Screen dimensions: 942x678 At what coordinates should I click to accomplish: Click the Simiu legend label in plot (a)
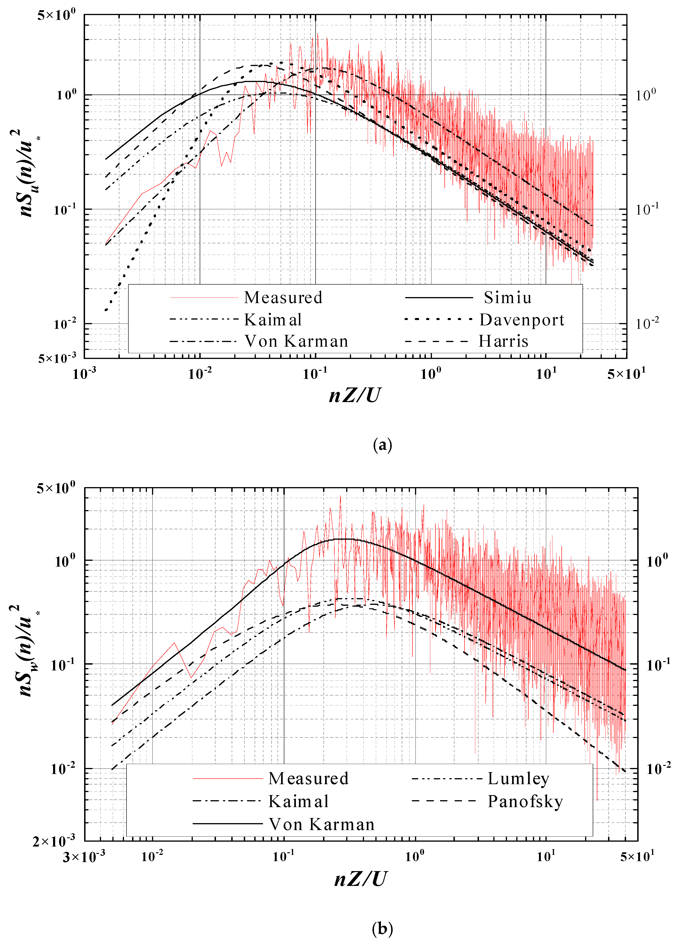pyautogui.click(x=507, y=297)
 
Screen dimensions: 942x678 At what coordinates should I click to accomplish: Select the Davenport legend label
pyautogui.click(x=522, y=320)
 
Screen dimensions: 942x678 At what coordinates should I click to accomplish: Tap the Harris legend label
pyautogui.click(x=504, y=341)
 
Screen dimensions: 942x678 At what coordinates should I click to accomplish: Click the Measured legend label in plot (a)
pyautogui.click(x=283, y=297)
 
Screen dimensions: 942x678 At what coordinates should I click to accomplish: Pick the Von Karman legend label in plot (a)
pyautogui.click(x=296, y=341)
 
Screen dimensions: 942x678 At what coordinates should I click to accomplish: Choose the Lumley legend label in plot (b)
pyautogui.click(x=518, y=778)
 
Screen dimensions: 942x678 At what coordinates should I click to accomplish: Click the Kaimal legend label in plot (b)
pyautogui.click(x=298, y=801)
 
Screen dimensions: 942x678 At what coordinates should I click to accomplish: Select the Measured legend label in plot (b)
pyautogui.click(x=308, y=778)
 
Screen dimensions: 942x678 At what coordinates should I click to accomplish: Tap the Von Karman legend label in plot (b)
pyautogui.click(x=321, y=824)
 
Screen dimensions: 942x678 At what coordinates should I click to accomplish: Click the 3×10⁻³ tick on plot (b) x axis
pyautogui.click(x=84, y=856)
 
